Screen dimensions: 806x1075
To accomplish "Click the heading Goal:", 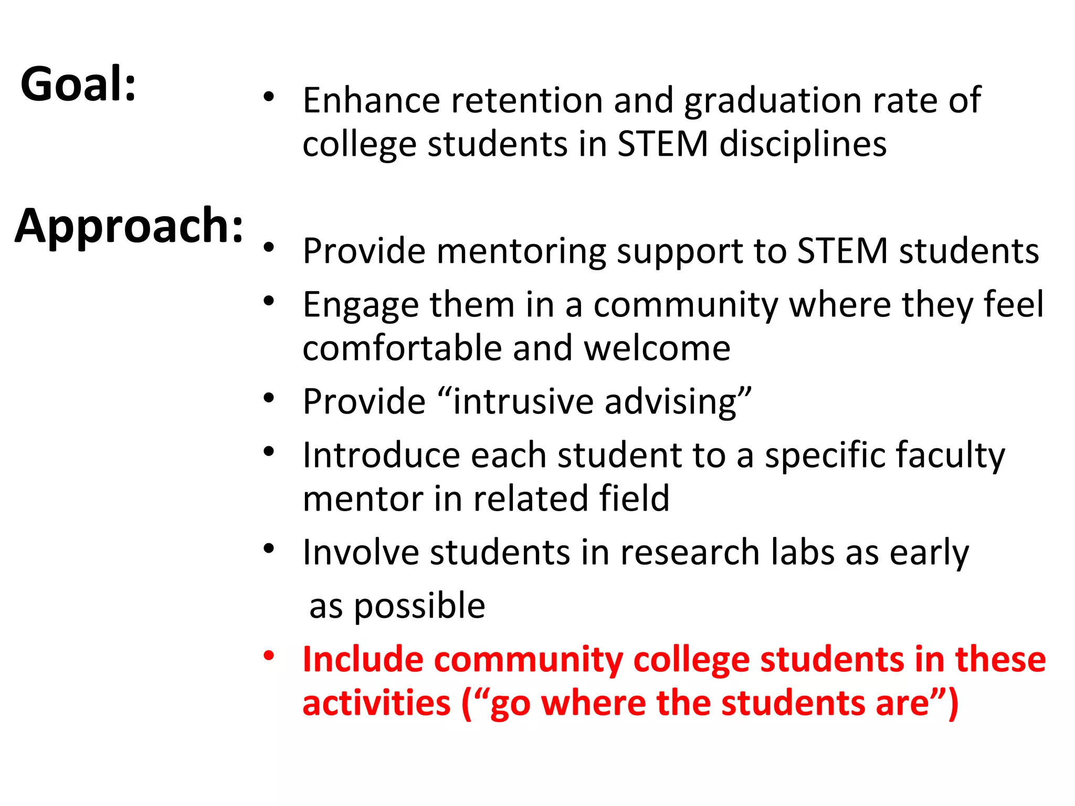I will [78, 84].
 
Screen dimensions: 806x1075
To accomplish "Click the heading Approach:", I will [129, 226].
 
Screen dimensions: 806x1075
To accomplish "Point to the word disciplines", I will [803, 144].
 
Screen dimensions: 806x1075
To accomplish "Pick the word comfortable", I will [402, 348].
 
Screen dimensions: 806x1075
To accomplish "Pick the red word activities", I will [376, 703].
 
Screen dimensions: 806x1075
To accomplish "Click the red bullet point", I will [269, 655].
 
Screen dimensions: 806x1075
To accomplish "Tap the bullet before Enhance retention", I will [269, 97].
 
